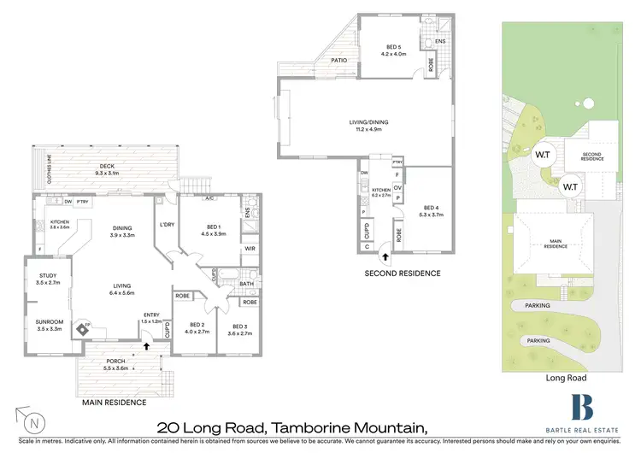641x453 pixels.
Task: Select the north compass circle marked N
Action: click(x=32, y=421)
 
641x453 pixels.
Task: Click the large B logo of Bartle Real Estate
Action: click(x=582, y=406)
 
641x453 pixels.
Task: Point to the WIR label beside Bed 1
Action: click(x=250, y=249)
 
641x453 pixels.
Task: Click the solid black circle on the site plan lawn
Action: click(x=588, y=104)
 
